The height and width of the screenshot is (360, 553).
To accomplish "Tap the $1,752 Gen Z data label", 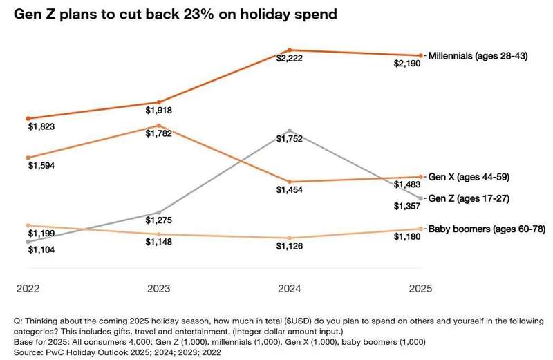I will [x=290, y=139].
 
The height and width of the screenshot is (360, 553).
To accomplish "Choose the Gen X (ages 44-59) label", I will [x=469, y=177].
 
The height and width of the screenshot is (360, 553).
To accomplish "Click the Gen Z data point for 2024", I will [x=290, y=131].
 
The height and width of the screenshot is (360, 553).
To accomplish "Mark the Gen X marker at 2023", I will [x=159, y=126].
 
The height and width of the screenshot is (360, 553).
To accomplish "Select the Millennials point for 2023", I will [x=159, y=102].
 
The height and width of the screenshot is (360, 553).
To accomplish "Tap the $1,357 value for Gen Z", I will [x=407, y=205].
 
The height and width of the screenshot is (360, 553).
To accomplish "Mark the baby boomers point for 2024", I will [x=290, y=238].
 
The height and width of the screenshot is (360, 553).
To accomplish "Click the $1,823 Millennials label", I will [x=41, y=127].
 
